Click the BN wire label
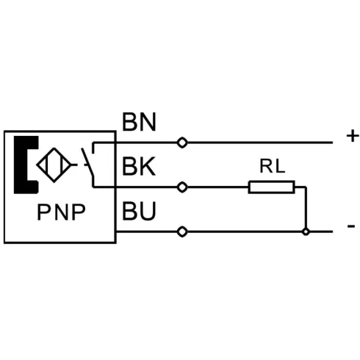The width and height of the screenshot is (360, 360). coord(139,122)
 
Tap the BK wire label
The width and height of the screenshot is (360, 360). coord(139,167)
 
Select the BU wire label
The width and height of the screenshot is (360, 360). coord(139,211)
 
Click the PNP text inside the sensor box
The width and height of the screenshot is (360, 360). coord(61,212)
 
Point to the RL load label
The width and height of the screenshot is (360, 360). coord(272,166)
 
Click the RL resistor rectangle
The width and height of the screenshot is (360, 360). coord(271,187)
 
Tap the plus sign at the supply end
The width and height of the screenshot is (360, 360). coord(353,136)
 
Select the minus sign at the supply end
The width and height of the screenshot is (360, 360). coord(351,226)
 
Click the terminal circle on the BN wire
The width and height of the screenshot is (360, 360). coord(182,143)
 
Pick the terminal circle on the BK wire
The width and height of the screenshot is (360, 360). coord(182,187)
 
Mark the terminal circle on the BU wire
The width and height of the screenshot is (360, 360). coord(182,231)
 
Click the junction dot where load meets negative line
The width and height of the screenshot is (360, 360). coord(306,231)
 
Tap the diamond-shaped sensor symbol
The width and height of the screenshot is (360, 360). coord(54,165)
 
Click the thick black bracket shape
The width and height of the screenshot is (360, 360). coord(26,165)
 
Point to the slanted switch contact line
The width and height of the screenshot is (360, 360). coord(87,162)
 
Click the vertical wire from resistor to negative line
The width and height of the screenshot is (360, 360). coord(306,208)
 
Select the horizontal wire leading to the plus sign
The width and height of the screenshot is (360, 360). coord(260,143)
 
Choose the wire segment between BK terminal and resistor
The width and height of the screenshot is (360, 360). coord(218,187)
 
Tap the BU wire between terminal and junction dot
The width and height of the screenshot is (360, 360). coord(245,231)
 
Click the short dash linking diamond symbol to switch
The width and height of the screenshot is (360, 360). coord(74,165)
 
